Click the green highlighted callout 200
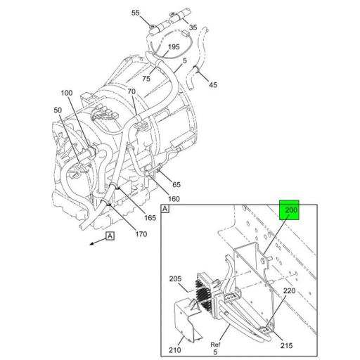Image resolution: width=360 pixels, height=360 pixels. pyautogui.click(x=290, y=210)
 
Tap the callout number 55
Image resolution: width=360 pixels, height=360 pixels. pyautogui.click(x=136, y=13)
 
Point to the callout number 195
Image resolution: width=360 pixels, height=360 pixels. pyautogui.click(x=173, y=47)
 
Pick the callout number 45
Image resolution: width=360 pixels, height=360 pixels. pyautogui.click(x=213, y=86)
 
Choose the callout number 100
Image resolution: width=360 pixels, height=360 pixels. pyautogui.click(x=67, y=93)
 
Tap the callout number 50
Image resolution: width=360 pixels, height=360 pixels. pyautogui.click(x=57, y=111)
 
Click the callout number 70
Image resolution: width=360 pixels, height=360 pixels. pyautogui.click(x=131, y=92)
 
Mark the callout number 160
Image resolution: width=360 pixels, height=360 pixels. pyautogui.click(x=173, y=198)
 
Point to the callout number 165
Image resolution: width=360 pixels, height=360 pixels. pyautogui.click(x=150, y=217)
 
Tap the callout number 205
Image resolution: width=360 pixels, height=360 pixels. pyautogui.click(x=175, y=279)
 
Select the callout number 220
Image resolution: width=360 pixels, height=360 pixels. pyautogui.click(x=288, y=290)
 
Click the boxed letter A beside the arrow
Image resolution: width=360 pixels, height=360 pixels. pyautogui.click(x=110, y=236)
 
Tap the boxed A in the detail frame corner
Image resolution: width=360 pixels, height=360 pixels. pyautogui.click(x=165, y=210)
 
